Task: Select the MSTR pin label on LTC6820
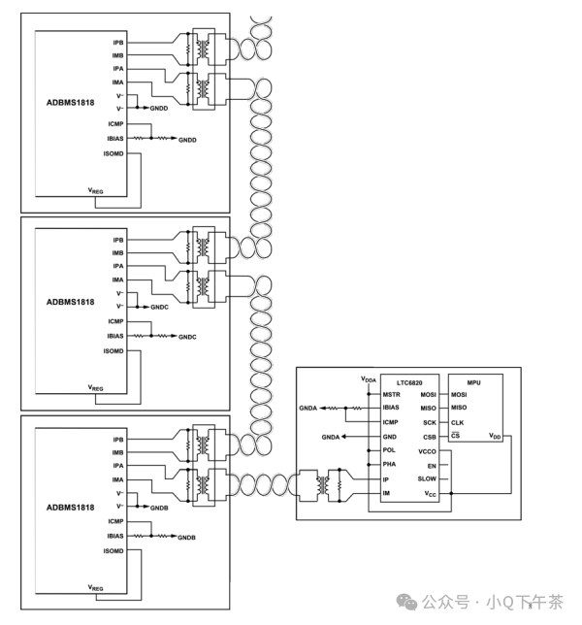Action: click(391, 395)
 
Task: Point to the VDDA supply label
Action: click(369, 378)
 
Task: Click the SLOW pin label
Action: click(427, 479)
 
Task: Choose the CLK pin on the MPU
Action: click(458, 422)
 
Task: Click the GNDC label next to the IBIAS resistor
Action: click(186, 336)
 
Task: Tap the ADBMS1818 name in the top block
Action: click(70, 102)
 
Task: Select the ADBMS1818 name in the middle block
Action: click(70, 302)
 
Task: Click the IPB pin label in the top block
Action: click(117, 43)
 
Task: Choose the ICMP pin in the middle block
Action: click(115, 321)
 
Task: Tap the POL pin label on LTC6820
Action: click(389, 450)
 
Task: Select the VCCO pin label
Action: click(427, 451)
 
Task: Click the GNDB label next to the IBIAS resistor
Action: click(186, 537)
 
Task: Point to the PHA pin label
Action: click(389, 465)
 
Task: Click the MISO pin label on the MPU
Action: click(459, 408)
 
